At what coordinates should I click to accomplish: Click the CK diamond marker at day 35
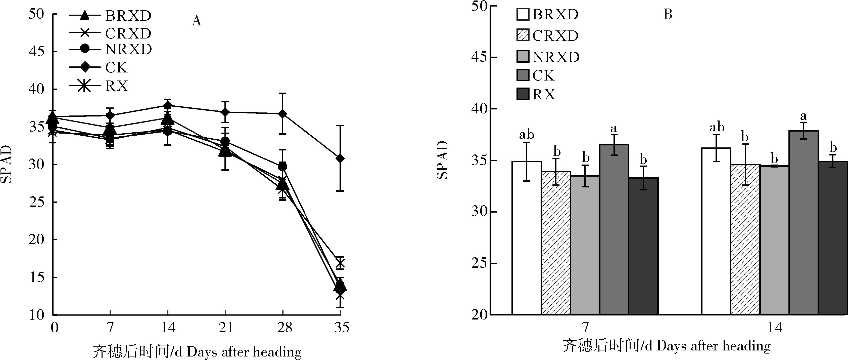(x=340, y=158)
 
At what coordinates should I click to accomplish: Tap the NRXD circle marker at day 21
(x=225, y=142)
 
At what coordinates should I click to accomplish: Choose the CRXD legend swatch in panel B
(x=523, y=35)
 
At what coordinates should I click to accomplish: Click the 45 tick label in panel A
(x=36, y=52)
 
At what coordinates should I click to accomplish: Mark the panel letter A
(x=196, y=21)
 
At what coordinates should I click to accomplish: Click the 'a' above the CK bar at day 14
(x=803, y=116)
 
